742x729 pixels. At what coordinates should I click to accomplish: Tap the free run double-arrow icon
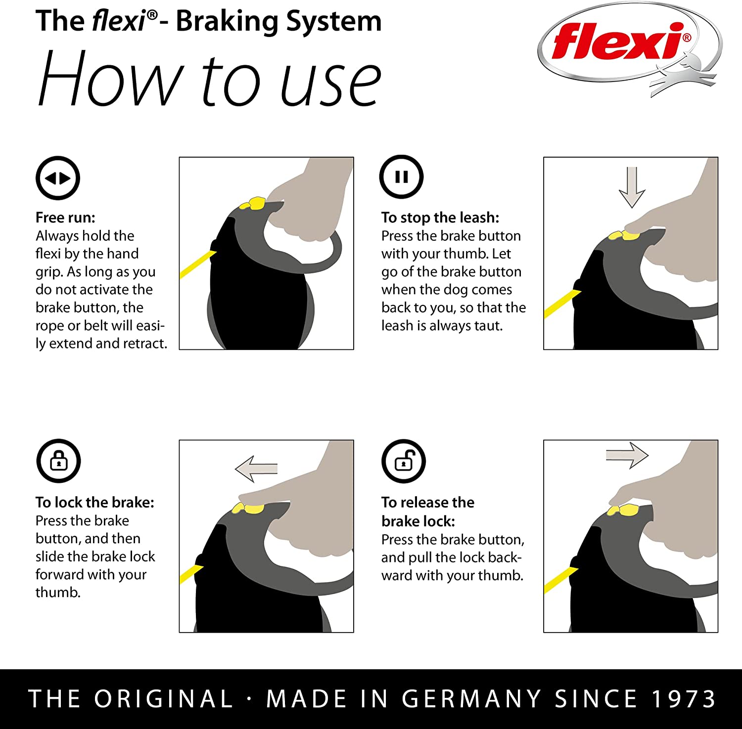pyautogui.click(x=58, y=178)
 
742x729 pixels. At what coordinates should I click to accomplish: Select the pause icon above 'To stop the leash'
pyautogui.click(x=401, y=177)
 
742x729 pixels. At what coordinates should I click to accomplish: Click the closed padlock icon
pyautogui.click(x=58, y=461)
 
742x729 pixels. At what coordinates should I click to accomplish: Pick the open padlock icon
pyautogui.click(x=404, y=461)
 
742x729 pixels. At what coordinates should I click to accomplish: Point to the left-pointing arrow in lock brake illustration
pyautogui.click(x=256, y=468)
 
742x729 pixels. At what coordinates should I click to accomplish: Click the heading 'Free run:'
pyautogui.click(x=65, y=217)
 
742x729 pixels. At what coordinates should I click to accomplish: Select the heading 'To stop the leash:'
pyautogui.click(x=440, y=217)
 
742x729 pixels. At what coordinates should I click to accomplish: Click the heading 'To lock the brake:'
pyautogui.click(x=95, y=502)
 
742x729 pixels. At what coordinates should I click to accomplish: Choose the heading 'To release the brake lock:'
pyautogui.click(x=427, y=512)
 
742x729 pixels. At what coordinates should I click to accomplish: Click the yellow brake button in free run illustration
pyautogui.click(x=253, y=204)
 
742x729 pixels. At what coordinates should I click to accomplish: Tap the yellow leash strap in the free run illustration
pyautogui.click(x=197, y=264)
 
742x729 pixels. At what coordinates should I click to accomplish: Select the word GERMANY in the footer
pyautogui.click(x=471, y=699)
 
